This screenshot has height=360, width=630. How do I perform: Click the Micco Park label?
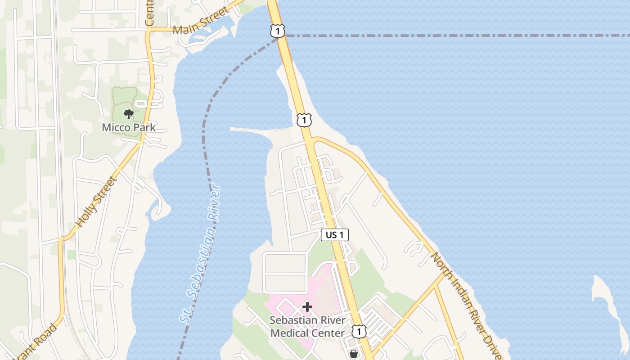(129, 127)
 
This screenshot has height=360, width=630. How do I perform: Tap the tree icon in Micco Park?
(129, 114)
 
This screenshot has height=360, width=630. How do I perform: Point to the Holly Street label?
(96, 202)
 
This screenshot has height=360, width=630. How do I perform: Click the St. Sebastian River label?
(201, 254)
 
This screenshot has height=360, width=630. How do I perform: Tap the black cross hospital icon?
(307, 307)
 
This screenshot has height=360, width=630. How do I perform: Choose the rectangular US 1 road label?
(335, 234)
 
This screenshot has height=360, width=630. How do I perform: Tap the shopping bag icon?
(354, 354)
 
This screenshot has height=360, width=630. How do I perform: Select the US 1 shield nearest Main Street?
(278, 31)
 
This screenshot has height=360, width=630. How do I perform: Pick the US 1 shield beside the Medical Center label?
(359, 332)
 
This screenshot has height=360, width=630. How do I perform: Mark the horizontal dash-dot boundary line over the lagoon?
(450, 36)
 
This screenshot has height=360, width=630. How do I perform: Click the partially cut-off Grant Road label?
(38, 342)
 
